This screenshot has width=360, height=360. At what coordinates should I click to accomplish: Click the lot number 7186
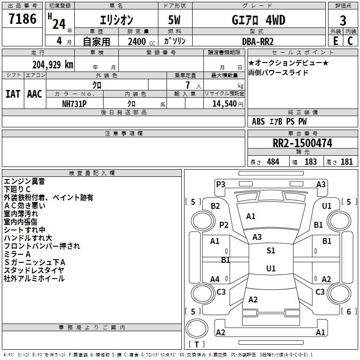pyautogui.click(x=22, y=19)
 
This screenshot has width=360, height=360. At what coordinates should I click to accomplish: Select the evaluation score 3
pyautogui.click(x=343, y=20)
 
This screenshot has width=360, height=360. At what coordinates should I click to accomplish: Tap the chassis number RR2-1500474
pyautogui.click(x=302, y=144)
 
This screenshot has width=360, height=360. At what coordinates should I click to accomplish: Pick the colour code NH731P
pyautogui.click(x=74, y=103)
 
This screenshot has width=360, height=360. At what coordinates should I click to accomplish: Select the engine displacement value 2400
pyautogui.click(x=137, y=41)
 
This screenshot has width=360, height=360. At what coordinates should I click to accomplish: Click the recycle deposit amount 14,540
pyautogui.click(x=223, y=103)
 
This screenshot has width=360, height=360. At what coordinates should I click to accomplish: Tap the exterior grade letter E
pyautogui.click(x=335, y=40)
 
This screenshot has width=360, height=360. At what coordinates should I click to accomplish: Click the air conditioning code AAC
pyautogui.click(x=34, y=94)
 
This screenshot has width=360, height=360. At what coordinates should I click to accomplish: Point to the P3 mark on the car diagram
pyautogui.click(x=220, y=184)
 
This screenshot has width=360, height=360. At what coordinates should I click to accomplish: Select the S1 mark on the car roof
pyautogui.click(x=270, y=251)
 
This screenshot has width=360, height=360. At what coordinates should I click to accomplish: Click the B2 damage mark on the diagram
pyautogui.click(x=215, y=206)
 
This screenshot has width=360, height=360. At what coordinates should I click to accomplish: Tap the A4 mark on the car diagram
pyautogui.click(x=215, y=279)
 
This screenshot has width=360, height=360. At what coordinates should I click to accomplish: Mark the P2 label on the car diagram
pyautogui.click(x=224, y=225)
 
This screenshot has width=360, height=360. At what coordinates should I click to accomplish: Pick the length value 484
pyautogui.click(x=273, y=162)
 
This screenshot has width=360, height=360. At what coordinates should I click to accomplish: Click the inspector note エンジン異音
pyautogui.click(x=24, y=181)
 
